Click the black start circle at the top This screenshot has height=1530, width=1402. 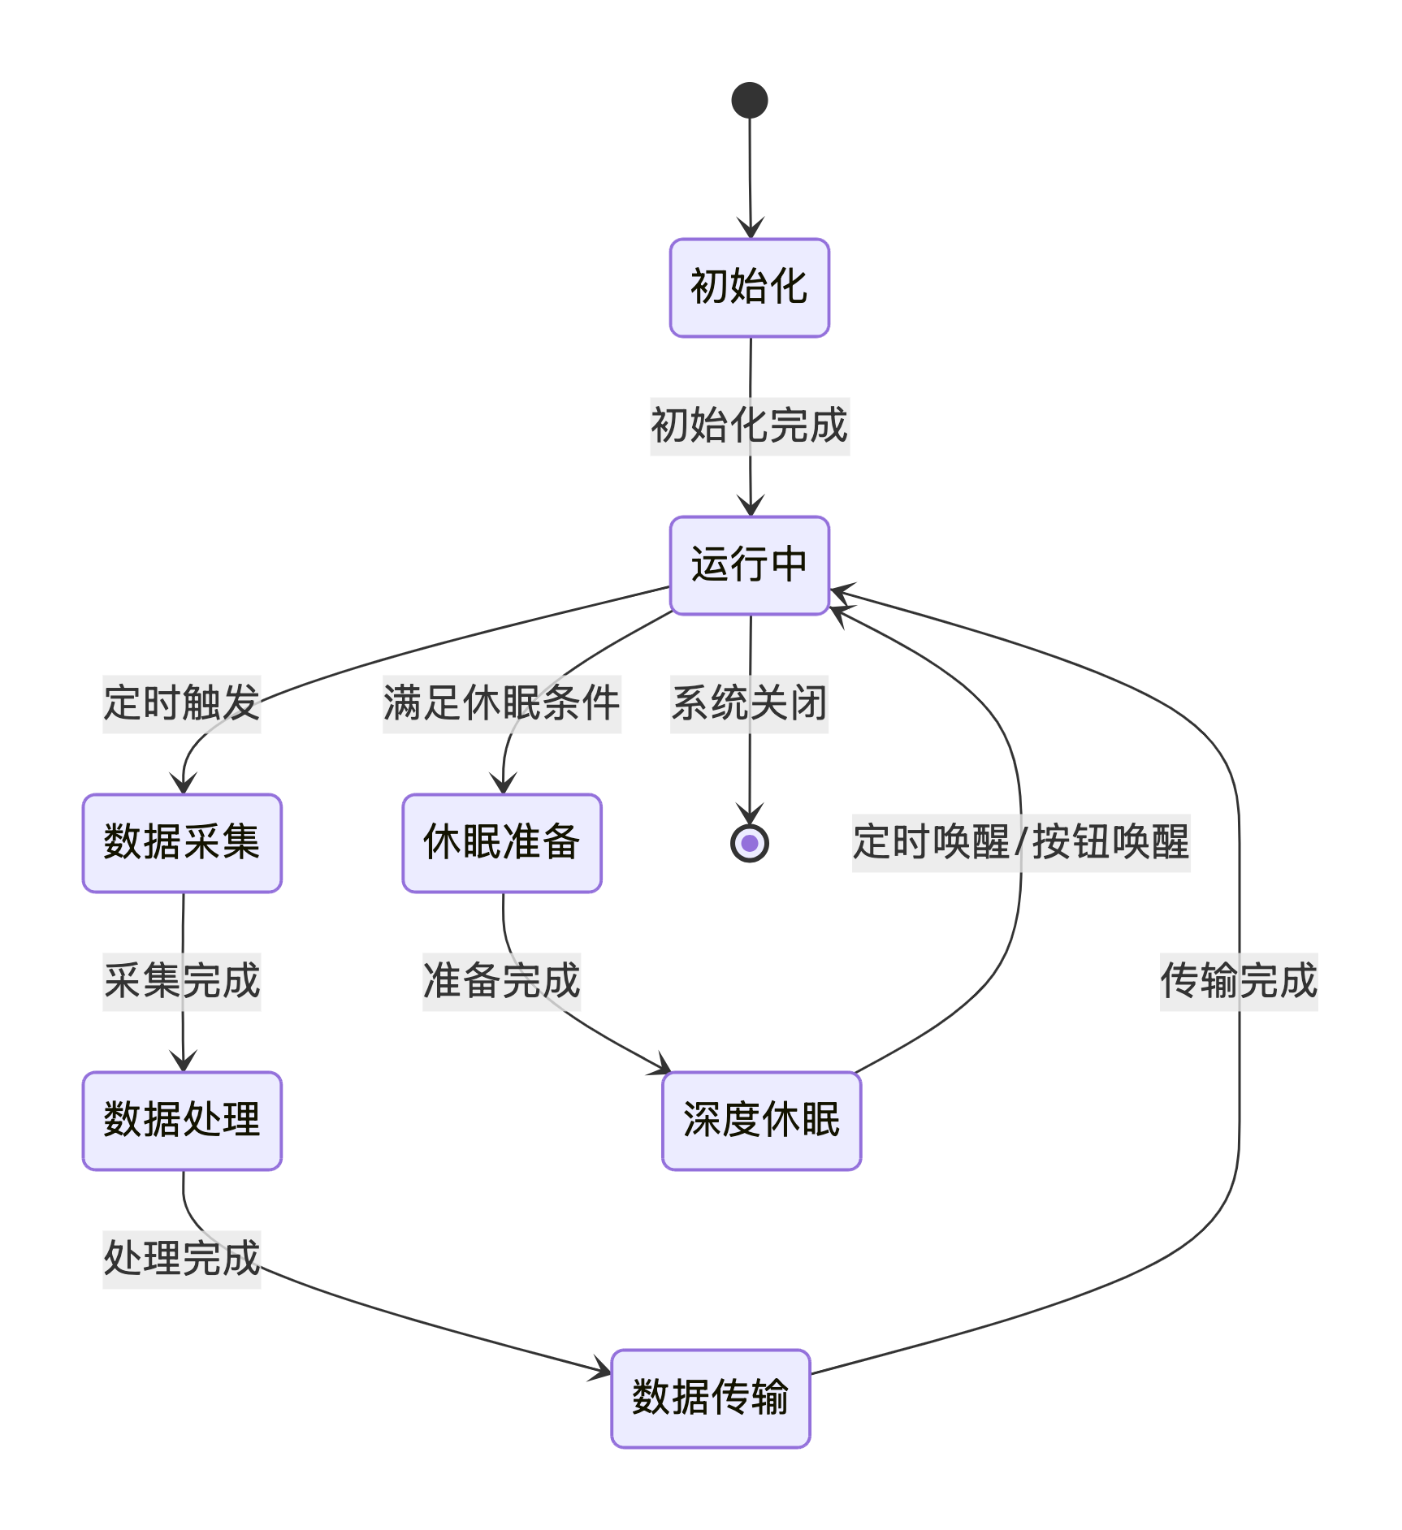pos(749,100)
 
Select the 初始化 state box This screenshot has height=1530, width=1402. pos(749,287)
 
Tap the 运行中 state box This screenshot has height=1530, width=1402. pos(749,565)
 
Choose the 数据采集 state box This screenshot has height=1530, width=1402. pos(182,843)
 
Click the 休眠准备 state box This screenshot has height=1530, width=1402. pos(501,843)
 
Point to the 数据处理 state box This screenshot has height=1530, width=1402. pos(182,1121)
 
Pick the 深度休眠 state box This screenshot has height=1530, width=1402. pos(761,1121)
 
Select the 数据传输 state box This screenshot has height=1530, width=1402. pos(710,1398)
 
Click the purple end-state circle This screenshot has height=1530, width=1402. pos(749,843)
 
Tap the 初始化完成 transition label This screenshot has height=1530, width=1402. pos(749,426)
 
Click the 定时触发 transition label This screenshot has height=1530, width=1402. pos(181,704)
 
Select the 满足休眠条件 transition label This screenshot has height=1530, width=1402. pos(501,704)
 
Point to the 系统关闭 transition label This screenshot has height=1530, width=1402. pos(748,704)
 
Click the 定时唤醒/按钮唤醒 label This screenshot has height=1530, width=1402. pos(1020,843)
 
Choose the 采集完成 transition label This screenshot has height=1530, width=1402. pos(181,982)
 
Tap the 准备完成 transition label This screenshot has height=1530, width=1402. pos(501,982)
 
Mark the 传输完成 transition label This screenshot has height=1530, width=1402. pos(1238,982)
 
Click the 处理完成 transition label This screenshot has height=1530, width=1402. pos(181,1260)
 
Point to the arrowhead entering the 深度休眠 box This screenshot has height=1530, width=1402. pos(662,1066)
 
